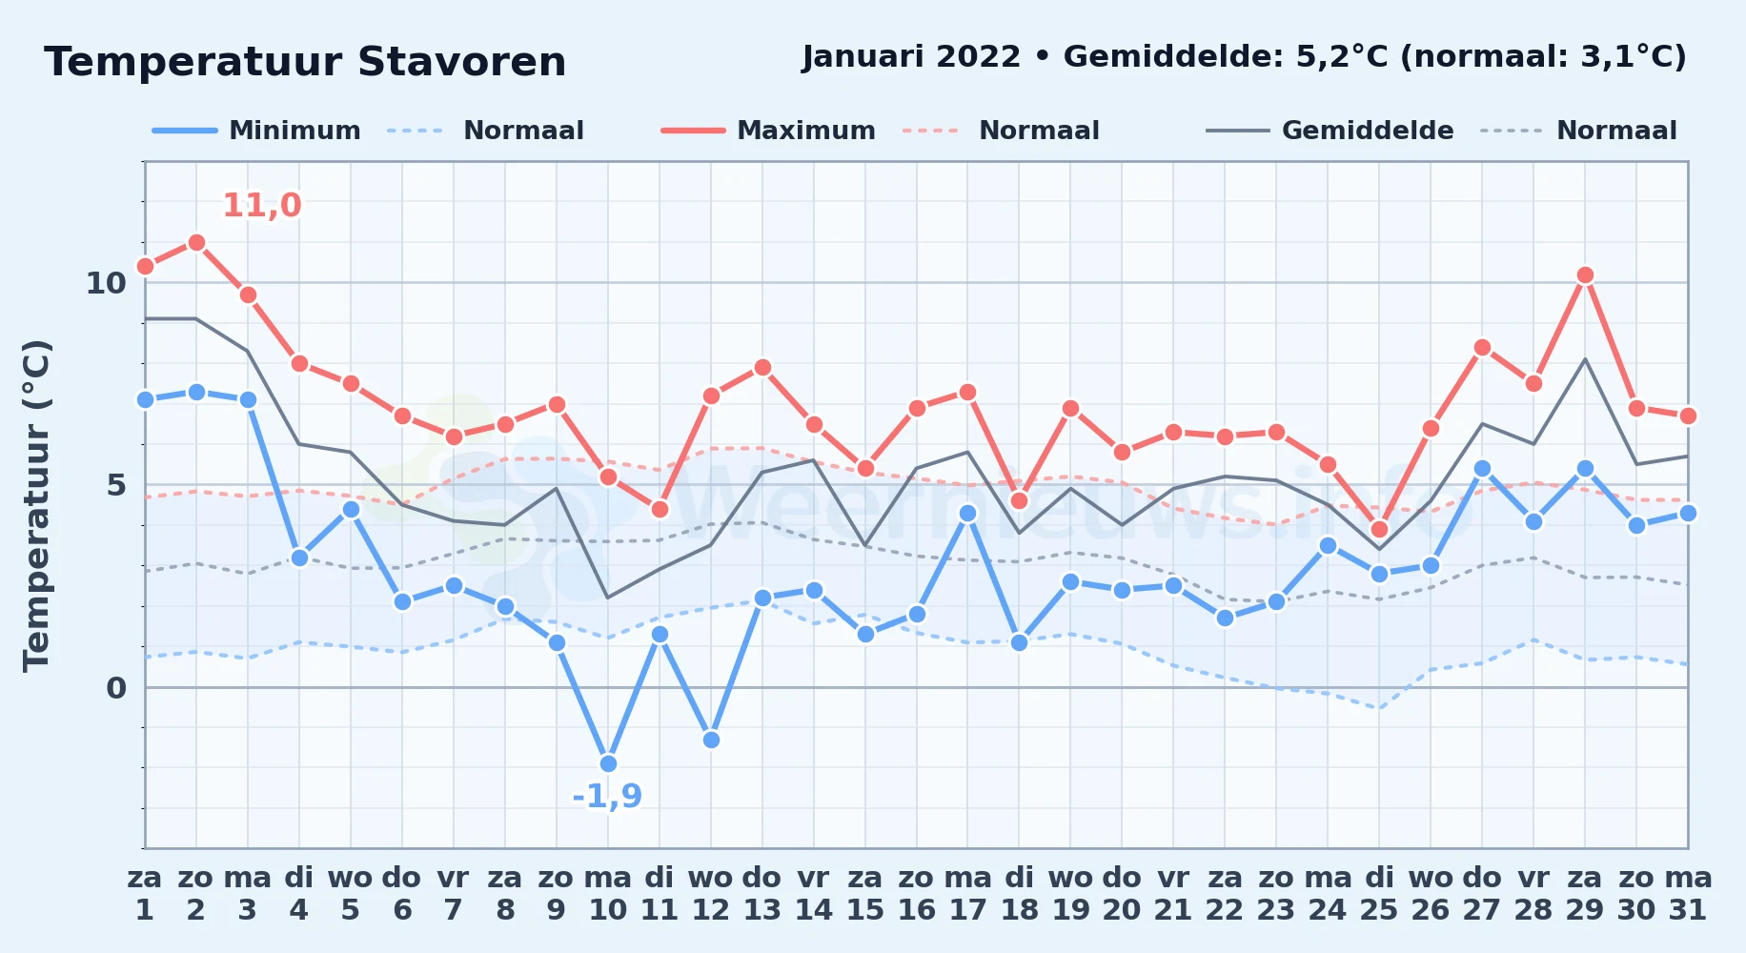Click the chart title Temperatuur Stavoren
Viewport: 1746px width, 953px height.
[305, 63]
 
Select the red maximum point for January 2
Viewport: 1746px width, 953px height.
[196, 242]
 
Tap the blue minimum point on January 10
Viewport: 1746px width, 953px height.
[608, 763]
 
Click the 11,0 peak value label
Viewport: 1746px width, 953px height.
[262, 205]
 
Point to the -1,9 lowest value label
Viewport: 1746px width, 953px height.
[607, 796]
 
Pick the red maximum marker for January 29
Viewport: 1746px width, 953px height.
[1585, 275]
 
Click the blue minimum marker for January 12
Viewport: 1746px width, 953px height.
[711, 740]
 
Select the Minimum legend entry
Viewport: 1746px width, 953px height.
[256, 131]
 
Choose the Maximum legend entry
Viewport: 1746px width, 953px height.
[768, 131]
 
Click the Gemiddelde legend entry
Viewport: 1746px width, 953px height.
[1330, 131]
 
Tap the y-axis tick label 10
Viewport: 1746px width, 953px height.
[106, 283]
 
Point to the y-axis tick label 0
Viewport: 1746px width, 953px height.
[116, 688]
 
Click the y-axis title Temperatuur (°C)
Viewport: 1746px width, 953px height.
[37, 505]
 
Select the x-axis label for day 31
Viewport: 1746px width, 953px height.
[1688, 894]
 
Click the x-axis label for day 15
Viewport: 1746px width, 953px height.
[865, 894]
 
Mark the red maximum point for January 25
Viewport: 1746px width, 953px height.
[1379, 529]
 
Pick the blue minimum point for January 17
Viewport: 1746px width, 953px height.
[967, 513]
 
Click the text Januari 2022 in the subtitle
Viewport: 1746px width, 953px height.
[911, 57]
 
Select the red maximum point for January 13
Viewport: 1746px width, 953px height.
[762, 367]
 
